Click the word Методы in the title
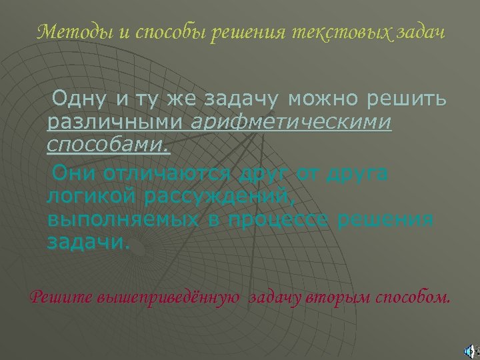coord(63,31)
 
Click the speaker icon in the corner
coord(471,349)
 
